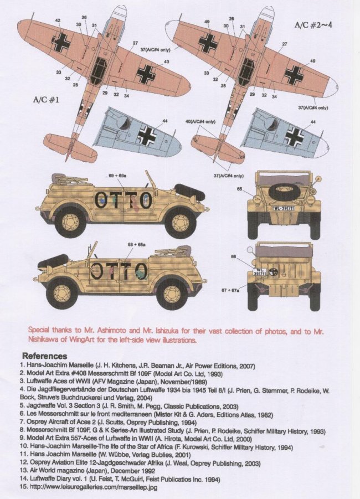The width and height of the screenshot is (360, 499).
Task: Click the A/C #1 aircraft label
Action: (x=48, y=102)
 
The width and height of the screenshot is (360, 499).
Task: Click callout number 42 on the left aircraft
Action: (x=58, y=20)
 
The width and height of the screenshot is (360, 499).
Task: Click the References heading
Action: (x=44, y=356)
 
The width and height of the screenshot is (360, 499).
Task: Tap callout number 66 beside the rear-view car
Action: (x=233, y=256)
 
